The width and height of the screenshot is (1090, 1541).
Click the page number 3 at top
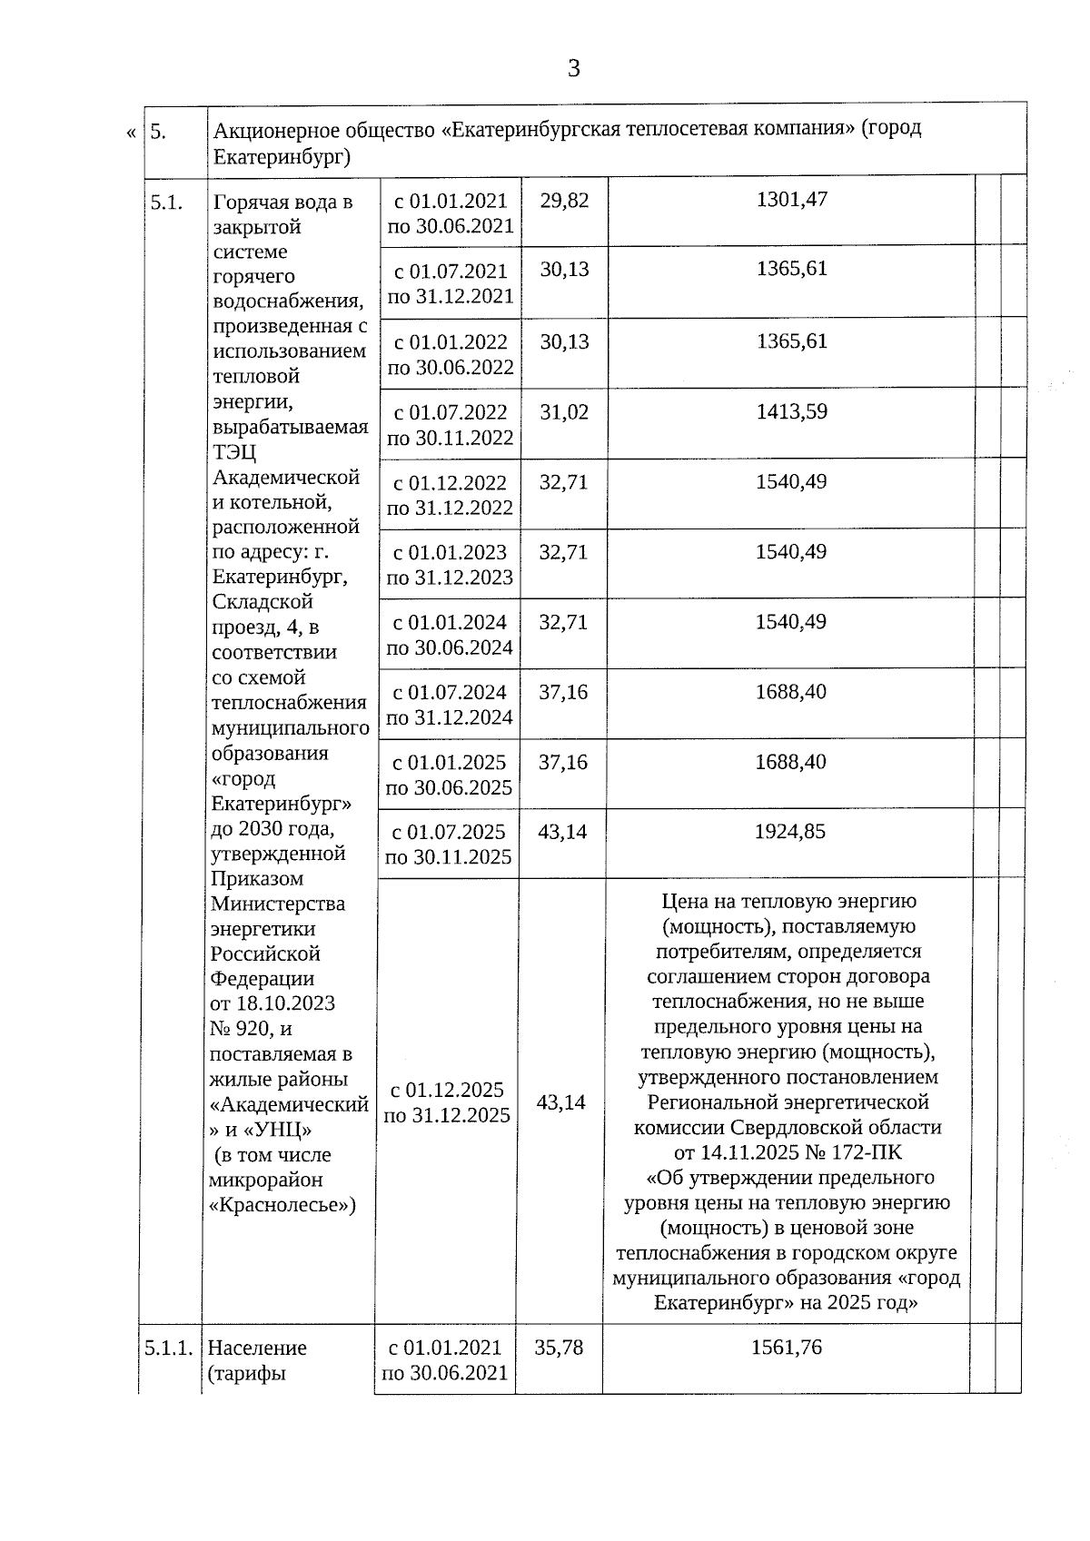coord(573,69)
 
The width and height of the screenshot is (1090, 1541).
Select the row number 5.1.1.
coord(168,1348)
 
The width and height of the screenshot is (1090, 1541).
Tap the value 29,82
coord(564,201)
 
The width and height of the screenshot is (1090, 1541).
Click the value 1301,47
coord(791,199)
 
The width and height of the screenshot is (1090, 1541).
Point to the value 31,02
coord(564,412)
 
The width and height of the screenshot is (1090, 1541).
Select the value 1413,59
coord(791,411)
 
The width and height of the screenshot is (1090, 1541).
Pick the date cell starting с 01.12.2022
coord(450,495)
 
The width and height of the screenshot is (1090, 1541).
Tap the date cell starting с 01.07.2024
coord(449,705)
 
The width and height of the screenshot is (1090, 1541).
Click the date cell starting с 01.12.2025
coord(446,1102)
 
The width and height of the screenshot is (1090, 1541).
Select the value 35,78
coord(559,1348)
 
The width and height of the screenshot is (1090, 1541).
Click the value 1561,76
coord(786,1348)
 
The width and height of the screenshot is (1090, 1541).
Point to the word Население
coord(257,1348)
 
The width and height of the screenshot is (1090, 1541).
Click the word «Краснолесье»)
coord(282,1205)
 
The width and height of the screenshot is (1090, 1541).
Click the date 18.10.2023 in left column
coord(285,1003)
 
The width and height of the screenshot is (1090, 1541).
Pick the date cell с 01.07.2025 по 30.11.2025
coord(449,845)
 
